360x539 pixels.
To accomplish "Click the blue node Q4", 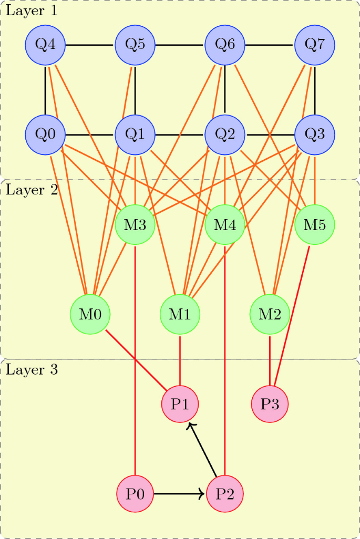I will pos(46,45).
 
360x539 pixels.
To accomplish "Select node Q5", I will pos(136,45).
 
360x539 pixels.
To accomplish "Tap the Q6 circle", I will pos(225,45).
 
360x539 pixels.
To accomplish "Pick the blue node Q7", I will pos(315,45).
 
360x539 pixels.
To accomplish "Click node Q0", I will pos(46,134).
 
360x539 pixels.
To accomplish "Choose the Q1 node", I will pos(136,134).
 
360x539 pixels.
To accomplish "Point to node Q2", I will pos(225,134).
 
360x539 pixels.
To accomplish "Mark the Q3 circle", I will pos(315,134).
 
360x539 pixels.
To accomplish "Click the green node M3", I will pos(136,225).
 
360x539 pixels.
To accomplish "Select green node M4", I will pos(225,225).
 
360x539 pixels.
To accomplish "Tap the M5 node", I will pos(315,225).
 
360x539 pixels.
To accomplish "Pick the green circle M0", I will pos(90,314).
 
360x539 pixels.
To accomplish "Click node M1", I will pos(180,314).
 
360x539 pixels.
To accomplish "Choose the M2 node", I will pos(270,314).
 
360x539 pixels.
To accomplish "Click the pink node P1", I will pos(180,404).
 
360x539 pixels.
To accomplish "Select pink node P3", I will pos(270,404).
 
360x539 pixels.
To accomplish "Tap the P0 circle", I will pos(136,494).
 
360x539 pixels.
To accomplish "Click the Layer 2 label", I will pos(32,190).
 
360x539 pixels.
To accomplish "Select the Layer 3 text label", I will pos(32,369).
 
